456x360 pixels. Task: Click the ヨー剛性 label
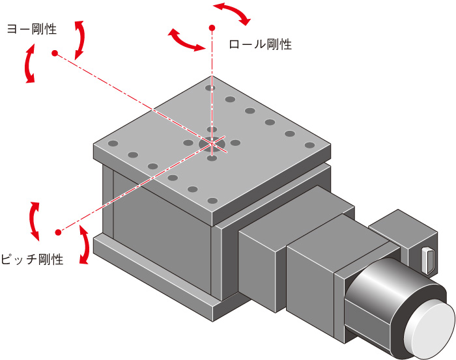[x=31, y=29]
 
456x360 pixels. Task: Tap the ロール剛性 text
[x=260, y=45]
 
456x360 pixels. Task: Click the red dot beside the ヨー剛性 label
[x=55, y=53]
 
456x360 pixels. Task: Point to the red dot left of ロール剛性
[x=212, y=28]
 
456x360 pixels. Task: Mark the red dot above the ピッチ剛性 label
[x=58, y=232]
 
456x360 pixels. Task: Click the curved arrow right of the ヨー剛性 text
[x=79, y=39]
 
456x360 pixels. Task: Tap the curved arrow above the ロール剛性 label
[x=233, y=13]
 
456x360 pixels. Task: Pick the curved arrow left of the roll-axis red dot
[x=184, y=40]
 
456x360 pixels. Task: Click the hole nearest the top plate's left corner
[x=113, y=143]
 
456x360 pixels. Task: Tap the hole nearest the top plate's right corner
[x=309, y=145]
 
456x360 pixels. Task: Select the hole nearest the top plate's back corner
[x=210, y=87]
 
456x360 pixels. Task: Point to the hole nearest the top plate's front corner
[x=212, y=200]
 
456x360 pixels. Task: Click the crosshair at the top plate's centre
[x=212, y=144]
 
